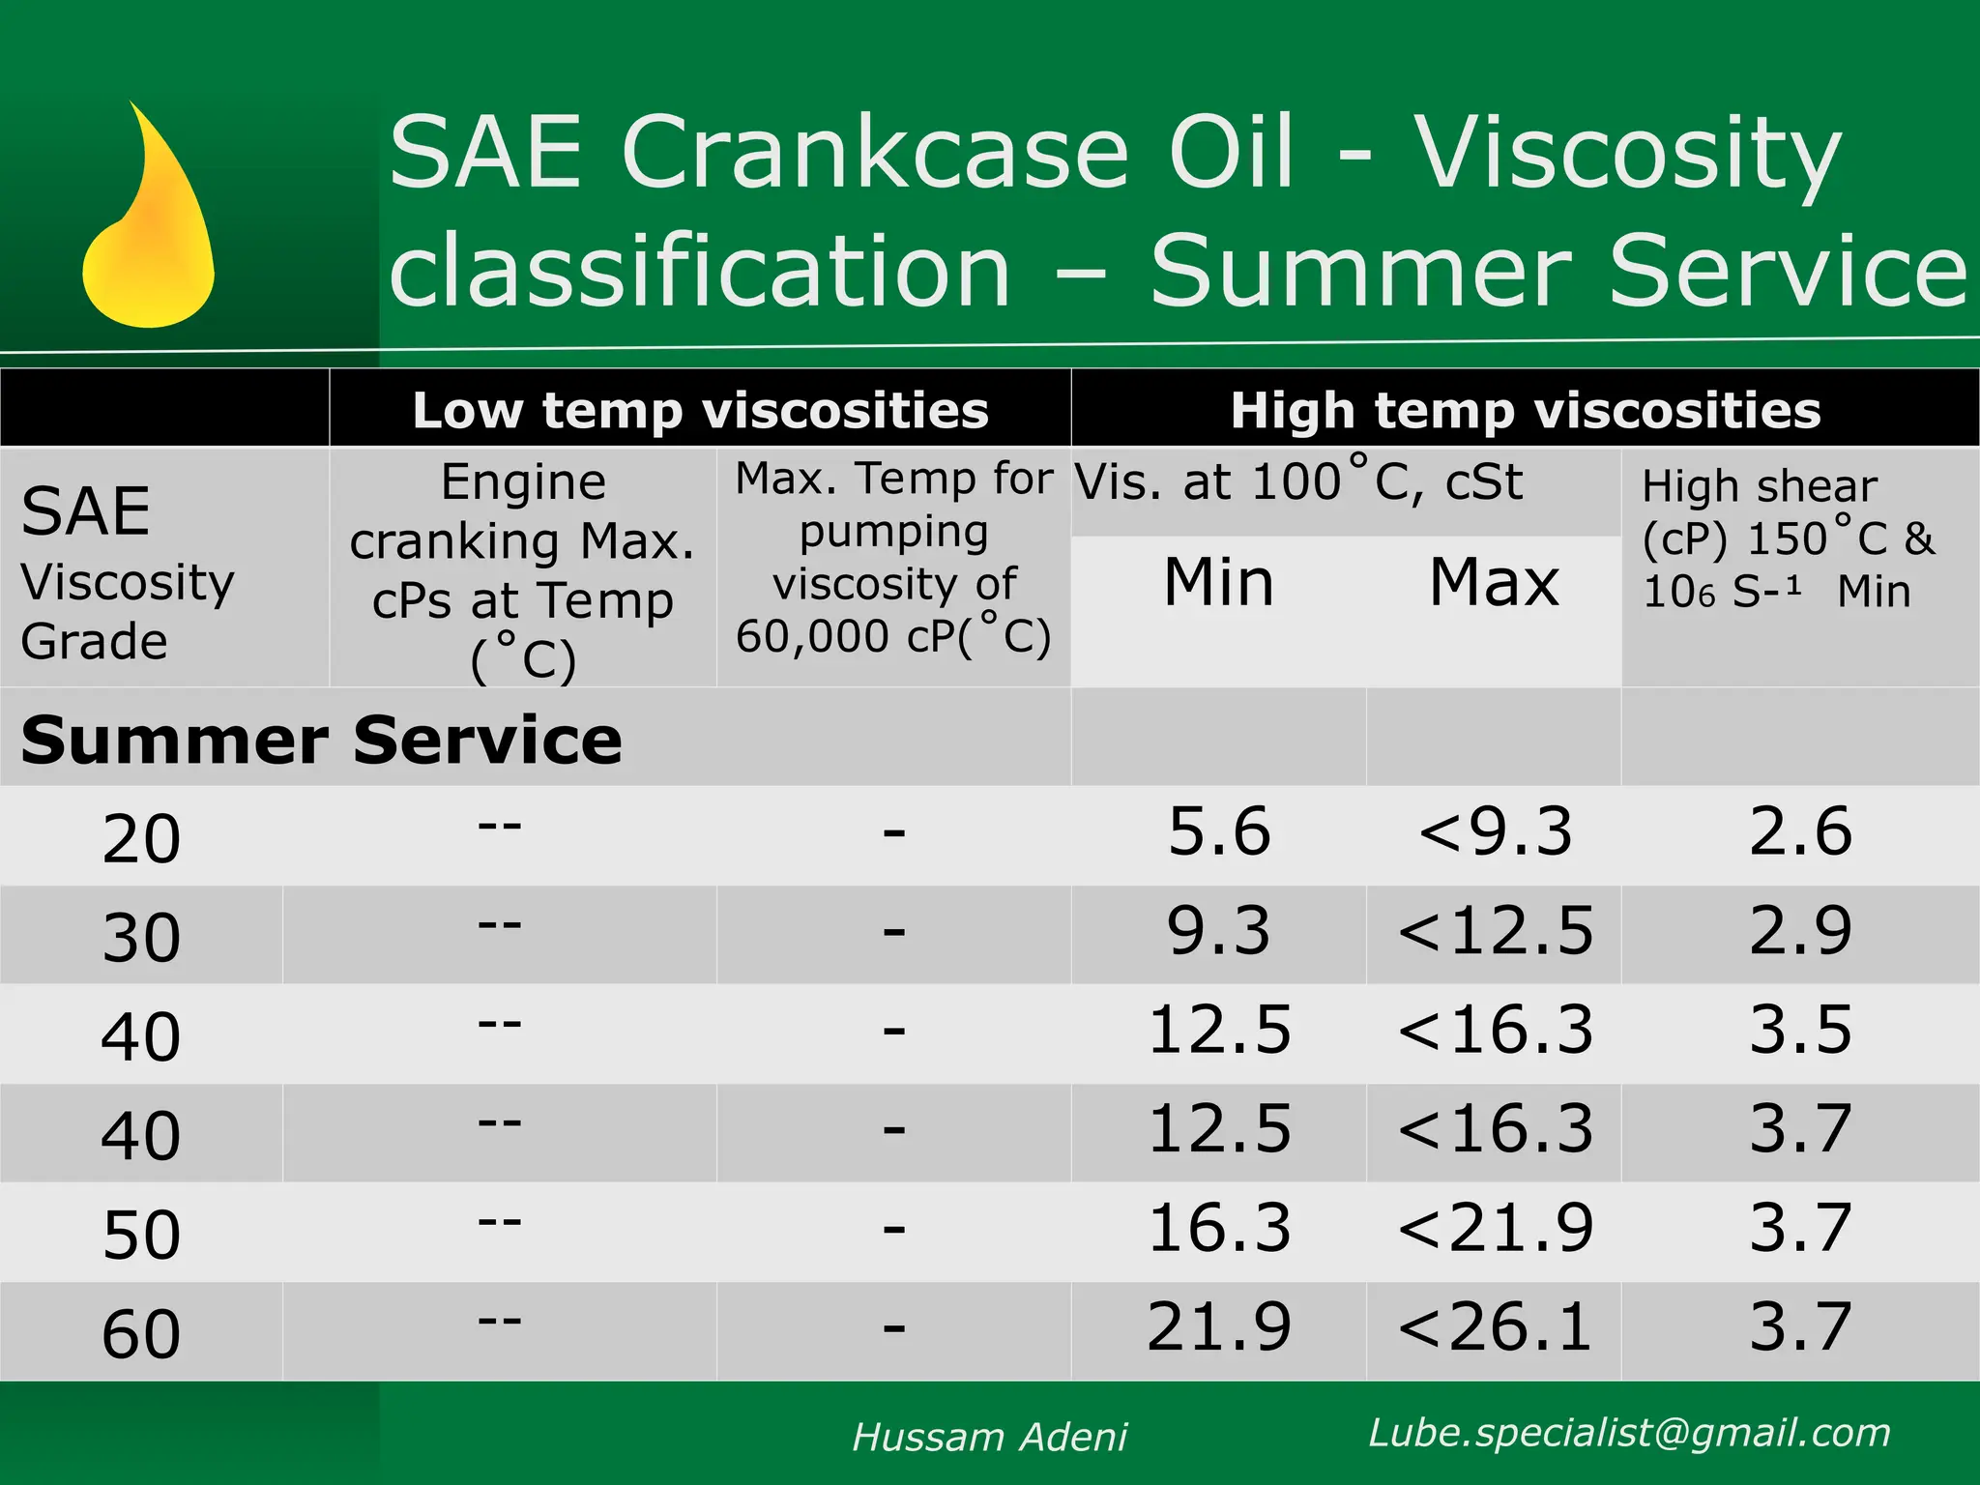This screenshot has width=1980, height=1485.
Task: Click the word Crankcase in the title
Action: (875, 153)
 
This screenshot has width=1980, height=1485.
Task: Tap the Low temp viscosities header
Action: (700, 410)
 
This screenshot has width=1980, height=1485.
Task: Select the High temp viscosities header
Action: (1525, 410)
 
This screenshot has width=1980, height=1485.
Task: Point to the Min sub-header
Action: (1218, 582)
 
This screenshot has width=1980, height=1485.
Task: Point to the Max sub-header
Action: (1494, 582)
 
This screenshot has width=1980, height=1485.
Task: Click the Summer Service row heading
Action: (321, 741)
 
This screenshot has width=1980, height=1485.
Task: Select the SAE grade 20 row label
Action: (141, 838)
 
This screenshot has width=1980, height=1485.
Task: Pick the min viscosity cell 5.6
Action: (1218, 831)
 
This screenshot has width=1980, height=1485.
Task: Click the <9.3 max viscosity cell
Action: (1495, 831)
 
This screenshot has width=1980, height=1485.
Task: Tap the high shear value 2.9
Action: (1800, 931)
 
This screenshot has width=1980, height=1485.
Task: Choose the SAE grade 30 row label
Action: (141, 937)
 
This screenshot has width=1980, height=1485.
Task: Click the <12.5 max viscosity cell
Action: (1495, 931)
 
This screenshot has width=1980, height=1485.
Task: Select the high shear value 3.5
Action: (1800, 1030)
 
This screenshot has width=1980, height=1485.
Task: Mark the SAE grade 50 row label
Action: (141, 1235)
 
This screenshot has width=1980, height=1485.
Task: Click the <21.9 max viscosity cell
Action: (1495, 1228)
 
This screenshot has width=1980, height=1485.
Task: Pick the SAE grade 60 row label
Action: (141, 1334)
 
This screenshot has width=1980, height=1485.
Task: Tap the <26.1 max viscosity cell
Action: (1495, 1326)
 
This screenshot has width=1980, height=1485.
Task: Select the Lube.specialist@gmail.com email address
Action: (1629, 1433)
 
